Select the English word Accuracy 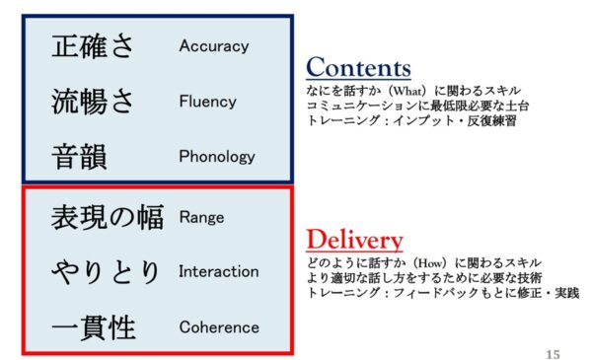click(213, 46)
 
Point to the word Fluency click(207, 102)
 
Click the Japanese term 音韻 click(78, 156)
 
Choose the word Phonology click(216, 156)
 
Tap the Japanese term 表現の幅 click(107, 218)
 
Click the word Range click(201, 217)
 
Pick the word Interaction click(218, 271)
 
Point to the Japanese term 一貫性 click(93, 327)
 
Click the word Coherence click(218, 327)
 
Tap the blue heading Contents click(357, 68)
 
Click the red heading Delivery click(354, 241)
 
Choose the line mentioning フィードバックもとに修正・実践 click(442, 293)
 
